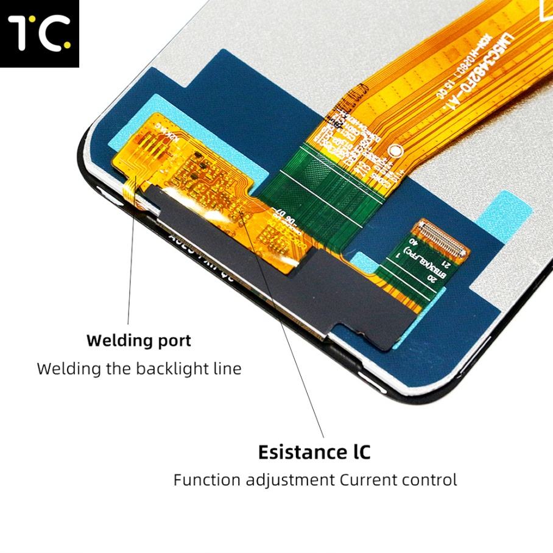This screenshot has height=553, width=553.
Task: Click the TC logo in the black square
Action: [x=39, y=33]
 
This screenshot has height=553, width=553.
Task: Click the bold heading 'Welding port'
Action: [x=138, y=340]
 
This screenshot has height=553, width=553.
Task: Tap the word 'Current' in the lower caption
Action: [x=369, y=479]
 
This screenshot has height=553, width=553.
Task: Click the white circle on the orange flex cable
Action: [x=396, y=149]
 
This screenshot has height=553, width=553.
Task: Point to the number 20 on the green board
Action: [x=433, y=279]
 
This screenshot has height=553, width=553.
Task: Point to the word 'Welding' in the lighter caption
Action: [x=62, y=368]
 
